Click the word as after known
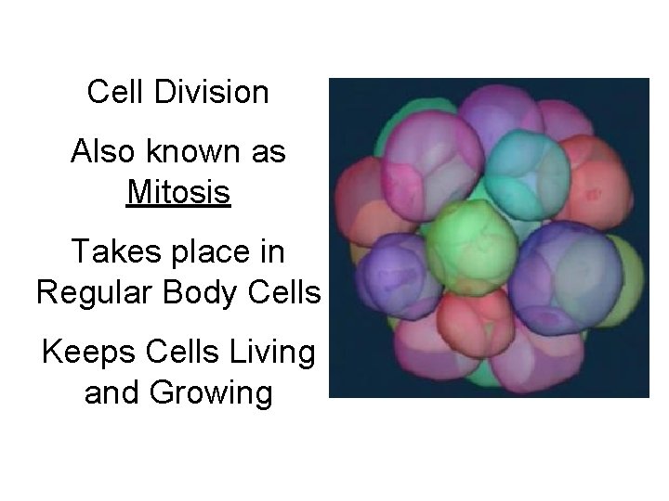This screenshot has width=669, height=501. click(x=268, y=152)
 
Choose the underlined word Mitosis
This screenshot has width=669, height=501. click(x=178, y=193)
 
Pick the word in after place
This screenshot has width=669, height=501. click(x=271, y=252)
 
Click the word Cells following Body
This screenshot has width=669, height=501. click(x=287, y=293)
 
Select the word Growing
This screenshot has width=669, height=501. click(x=213, y=393)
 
